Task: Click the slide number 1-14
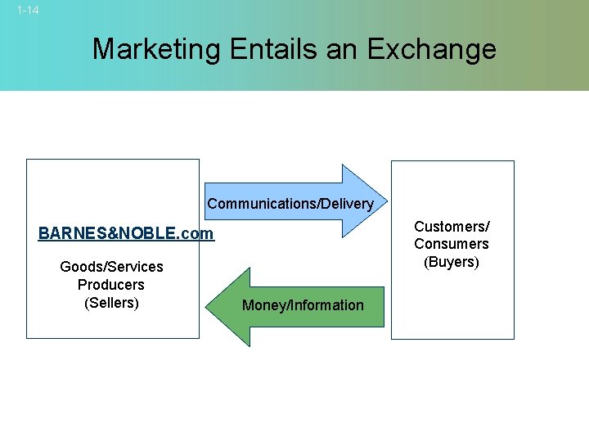[x=28, y=11]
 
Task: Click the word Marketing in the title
[x=155, y=49]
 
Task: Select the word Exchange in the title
[x=431, y=49]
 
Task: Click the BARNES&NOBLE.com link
[x=126, y=234]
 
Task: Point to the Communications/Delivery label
[x=290, y=204]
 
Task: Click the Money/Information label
[x=303, y=305]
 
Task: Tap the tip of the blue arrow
[x=386, y=201]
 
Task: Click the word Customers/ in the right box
[x=452, y=226]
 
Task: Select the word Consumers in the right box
[x=452, y=244]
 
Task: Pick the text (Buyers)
[x=452, y=262]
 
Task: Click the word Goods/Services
[x=111, y=267]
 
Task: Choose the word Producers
[x=111, y=285]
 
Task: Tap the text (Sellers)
[x=111, y=303]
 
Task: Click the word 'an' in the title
[x=343, y=49]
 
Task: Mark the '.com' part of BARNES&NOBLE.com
[x=197, y=234]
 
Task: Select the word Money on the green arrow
[x=261, y=305]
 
